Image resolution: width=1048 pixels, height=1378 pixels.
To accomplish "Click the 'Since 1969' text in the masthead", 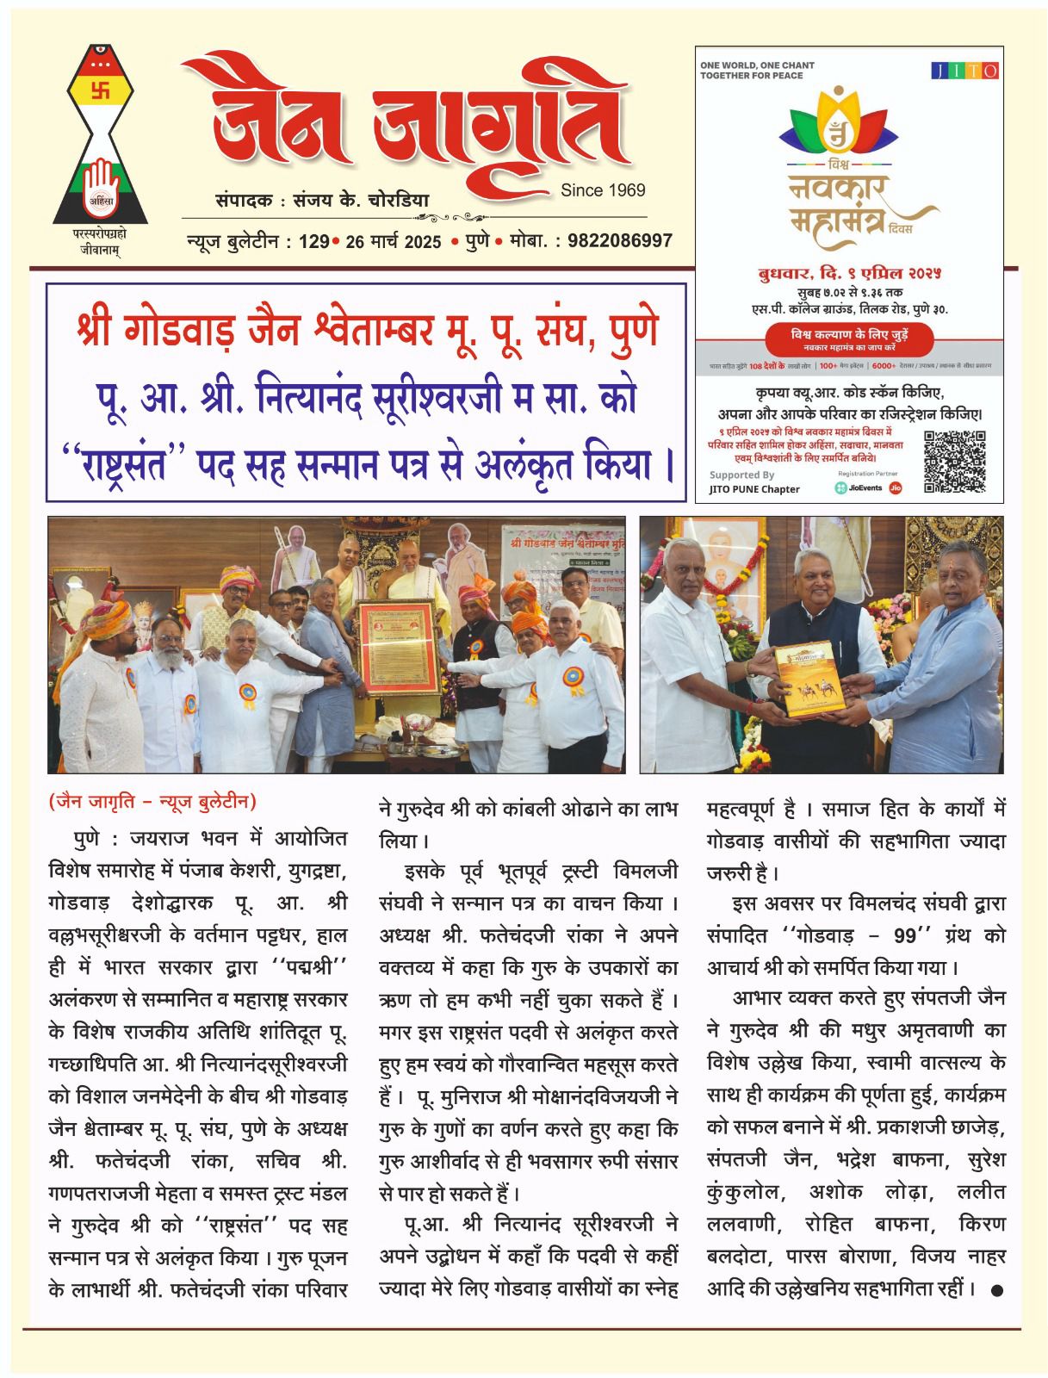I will click(602, 190).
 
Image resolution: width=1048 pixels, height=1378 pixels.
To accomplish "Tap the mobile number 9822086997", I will click(615, 241).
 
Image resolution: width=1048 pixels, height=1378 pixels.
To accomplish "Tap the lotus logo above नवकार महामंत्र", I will click(835, 125).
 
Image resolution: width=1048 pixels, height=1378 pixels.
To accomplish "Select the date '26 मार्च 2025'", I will click(393, 241).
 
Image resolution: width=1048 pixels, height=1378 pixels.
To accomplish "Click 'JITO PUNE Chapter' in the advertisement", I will click(754, 489).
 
